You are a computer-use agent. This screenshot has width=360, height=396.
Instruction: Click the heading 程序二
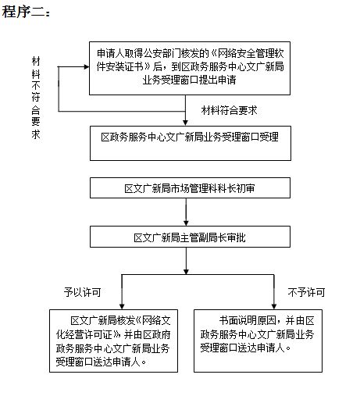26,12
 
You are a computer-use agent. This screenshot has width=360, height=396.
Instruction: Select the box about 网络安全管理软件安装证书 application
190,68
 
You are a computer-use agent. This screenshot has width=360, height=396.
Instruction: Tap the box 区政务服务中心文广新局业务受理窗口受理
191,143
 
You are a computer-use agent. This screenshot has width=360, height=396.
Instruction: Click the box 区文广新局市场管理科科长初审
190,188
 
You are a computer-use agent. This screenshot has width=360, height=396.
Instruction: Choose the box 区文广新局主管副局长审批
190,237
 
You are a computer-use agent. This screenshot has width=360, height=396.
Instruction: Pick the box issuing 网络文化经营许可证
113,341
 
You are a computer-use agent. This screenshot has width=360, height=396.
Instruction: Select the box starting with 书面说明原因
258,341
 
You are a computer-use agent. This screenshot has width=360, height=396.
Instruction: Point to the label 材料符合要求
229,110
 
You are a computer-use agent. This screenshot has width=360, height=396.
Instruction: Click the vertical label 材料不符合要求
36,98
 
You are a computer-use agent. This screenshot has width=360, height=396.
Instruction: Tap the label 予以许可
82,292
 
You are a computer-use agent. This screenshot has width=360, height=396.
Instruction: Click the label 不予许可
306,292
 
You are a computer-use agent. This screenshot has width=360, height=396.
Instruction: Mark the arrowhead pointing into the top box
87,67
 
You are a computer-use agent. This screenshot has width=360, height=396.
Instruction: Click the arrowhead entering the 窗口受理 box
185,123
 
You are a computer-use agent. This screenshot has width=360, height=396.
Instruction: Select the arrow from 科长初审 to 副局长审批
186,212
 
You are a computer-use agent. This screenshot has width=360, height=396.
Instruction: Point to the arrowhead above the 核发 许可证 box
122,306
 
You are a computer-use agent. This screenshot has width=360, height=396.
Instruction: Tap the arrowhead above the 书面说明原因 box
274,306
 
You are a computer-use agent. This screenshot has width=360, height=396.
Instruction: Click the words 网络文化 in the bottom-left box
156,320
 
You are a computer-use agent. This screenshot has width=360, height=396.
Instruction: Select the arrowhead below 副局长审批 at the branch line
186,272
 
